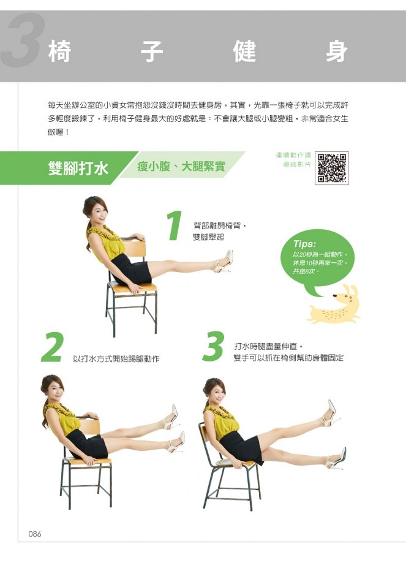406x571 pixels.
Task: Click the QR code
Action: (332, 168)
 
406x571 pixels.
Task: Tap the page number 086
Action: (34, 534)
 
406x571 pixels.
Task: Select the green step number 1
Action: (175, 225)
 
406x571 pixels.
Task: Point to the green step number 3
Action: (213, 346)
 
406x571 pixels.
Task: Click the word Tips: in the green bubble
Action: (304, 244)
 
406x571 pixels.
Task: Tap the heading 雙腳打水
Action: (78, 168)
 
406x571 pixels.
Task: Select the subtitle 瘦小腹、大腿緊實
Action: (181, 167)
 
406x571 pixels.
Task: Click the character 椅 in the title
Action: (60, 51)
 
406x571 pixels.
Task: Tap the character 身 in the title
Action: (337, 51)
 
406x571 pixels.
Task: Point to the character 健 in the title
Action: (245, 51)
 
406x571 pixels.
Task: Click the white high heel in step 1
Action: (224, 262)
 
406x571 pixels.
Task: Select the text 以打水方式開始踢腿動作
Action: (116, 358)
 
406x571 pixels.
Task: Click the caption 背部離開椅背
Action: (217, 226)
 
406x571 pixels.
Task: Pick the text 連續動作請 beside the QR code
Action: (293, 156)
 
